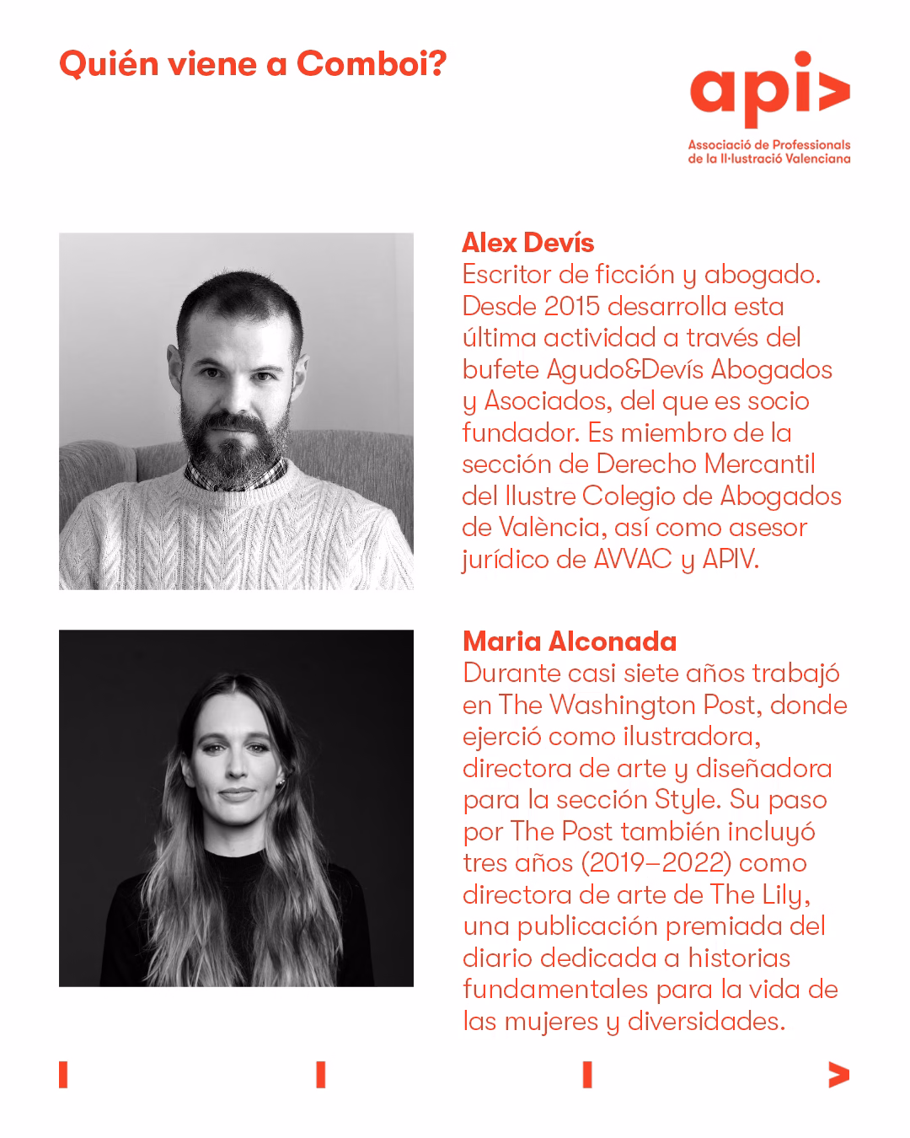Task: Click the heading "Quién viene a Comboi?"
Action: (253, 64)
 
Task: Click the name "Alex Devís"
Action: (527, 243)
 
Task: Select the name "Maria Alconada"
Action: (570, 641)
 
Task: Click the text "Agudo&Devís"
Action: (626, 369)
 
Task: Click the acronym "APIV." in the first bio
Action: (730, 559)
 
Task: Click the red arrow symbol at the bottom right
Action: (838, 1075)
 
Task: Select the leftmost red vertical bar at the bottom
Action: (63, 1075)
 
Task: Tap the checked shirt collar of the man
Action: (202, 475)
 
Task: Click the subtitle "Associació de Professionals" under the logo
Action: (768, 145)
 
